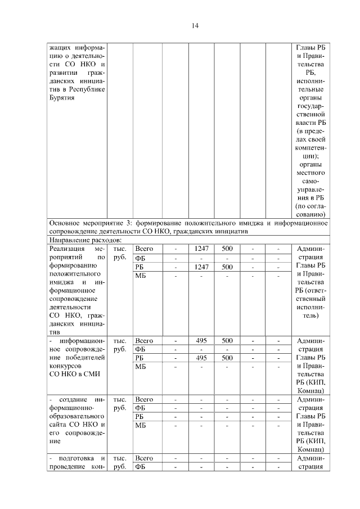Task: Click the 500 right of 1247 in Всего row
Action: [227, 249]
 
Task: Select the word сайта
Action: [60, 425]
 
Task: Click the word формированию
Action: [75, 267]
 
